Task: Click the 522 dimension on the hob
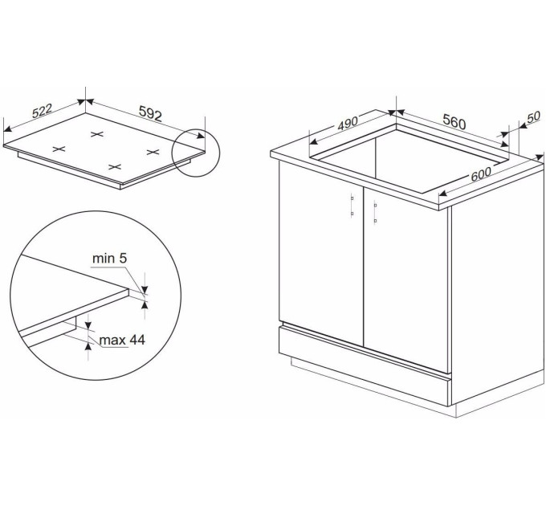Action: click(42, 111)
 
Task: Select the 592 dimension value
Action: click(150, 113)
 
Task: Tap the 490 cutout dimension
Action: click(348, 123)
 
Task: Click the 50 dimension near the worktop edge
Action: click(533, 117)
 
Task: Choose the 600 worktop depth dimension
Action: click(481, 174)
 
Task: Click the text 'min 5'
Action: click(110, 259)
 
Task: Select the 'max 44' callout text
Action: click(122, 340)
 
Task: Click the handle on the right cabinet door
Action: click(375, 212)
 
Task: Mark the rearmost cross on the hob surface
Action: click(97, 134)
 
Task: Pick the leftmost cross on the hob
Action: click(59, 149)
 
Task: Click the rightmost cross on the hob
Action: click(153, 152)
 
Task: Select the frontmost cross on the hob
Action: click(115, 167)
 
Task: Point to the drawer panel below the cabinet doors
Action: click(365, 365)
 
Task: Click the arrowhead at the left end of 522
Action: click(8, 129)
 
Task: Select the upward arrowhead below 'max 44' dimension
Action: click(89, 346)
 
